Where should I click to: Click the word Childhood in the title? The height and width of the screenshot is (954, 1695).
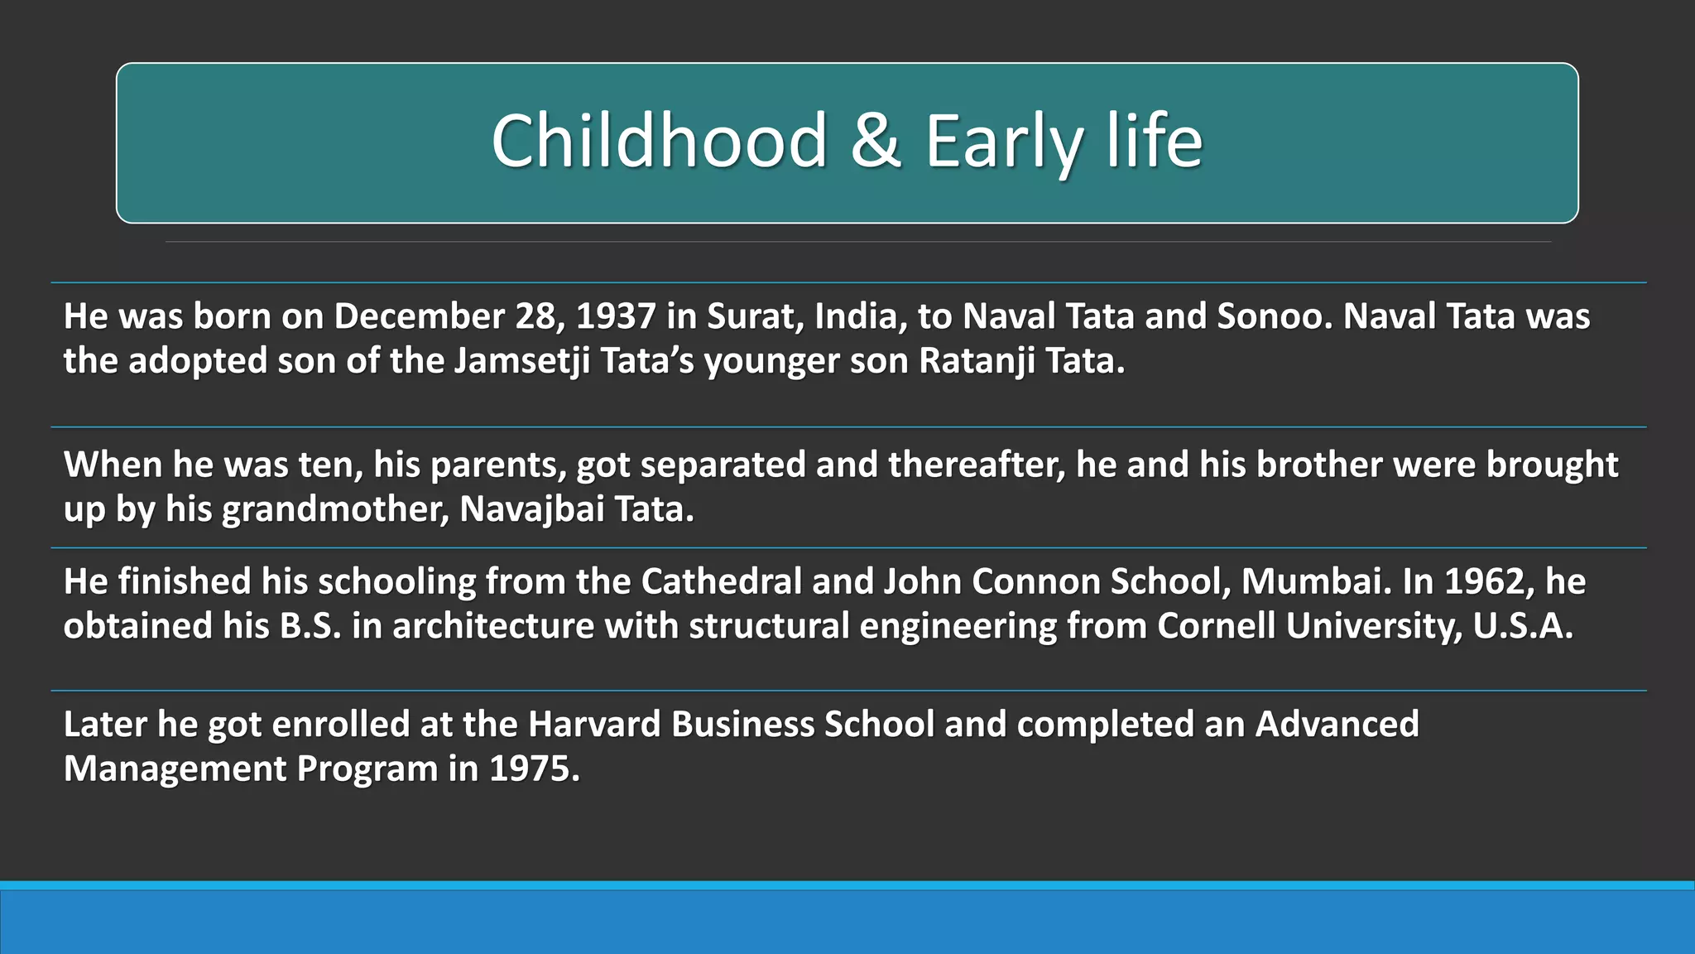pos(660,141)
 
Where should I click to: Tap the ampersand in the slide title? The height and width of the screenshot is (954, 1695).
pos(876,141)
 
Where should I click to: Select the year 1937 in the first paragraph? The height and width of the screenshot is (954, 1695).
pos(616,316)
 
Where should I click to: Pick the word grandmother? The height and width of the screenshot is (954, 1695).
pos(335,509)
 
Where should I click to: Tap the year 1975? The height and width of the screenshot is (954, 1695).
pos(534,769)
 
